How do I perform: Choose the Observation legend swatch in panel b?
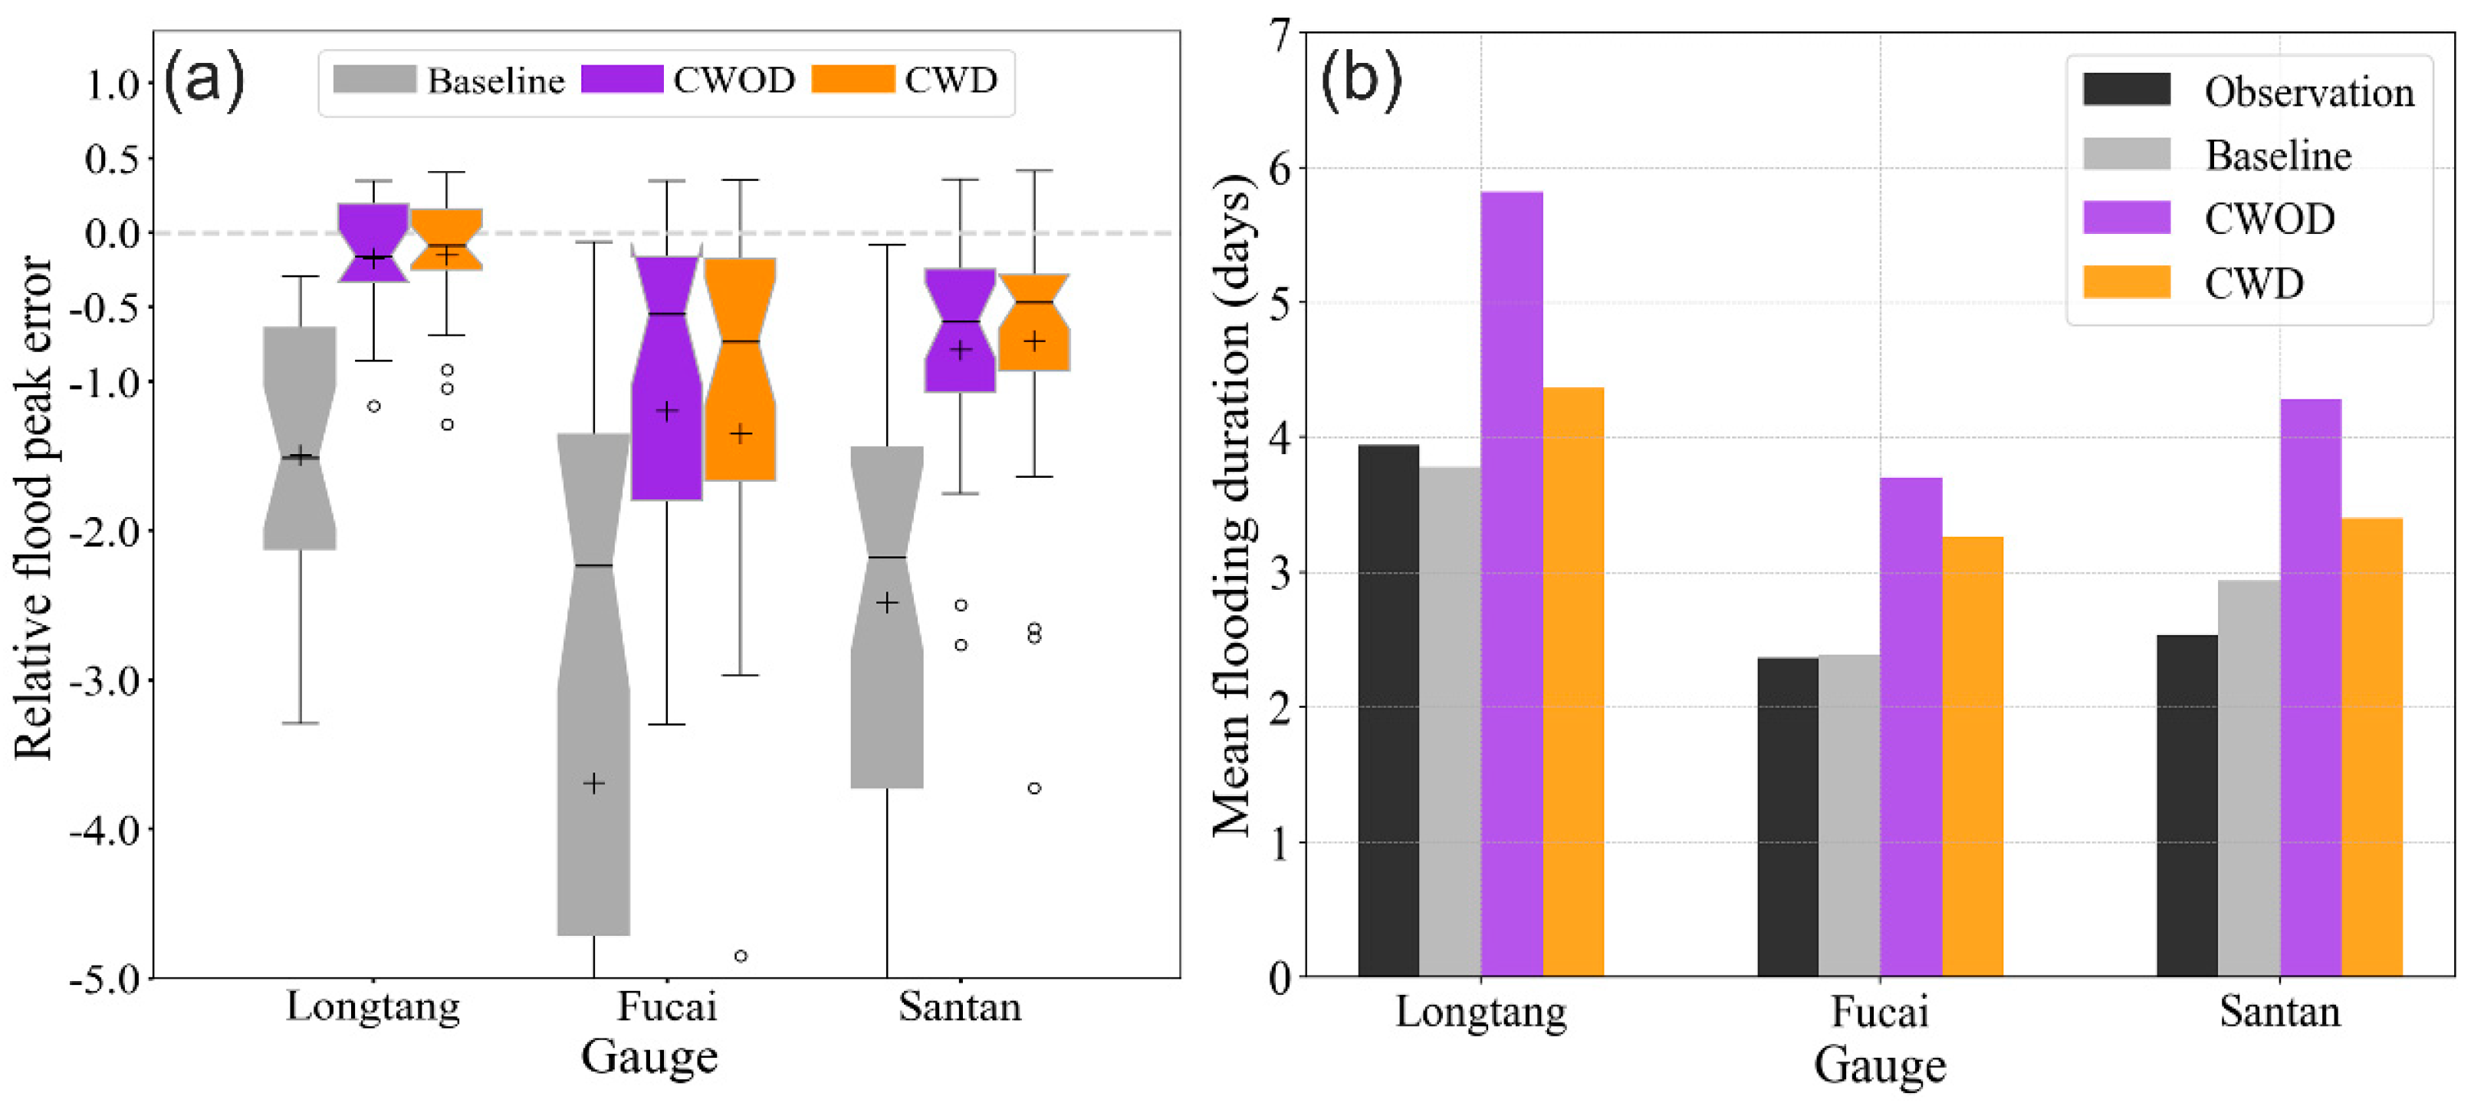[2125, 90]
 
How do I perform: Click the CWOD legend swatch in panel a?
[622, 79]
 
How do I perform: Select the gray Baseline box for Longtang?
[300, 438]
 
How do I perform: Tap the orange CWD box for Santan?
[1033, 322]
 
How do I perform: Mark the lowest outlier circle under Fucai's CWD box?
[741, 956]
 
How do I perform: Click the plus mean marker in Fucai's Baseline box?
[594, 783]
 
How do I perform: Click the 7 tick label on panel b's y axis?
[1280, 36]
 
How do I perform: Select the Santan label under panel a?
[959, 1007]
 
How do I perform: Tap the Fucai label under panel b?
[1879, 1012]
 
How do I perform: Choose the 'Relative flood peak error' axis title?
[33, 507]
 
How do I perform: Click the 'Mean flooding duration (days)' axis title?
[1231, 505]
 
